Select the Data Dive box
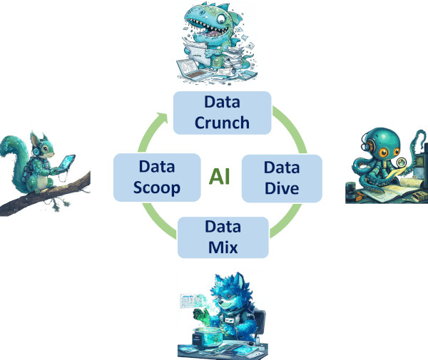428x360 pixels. pos(282,178)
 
